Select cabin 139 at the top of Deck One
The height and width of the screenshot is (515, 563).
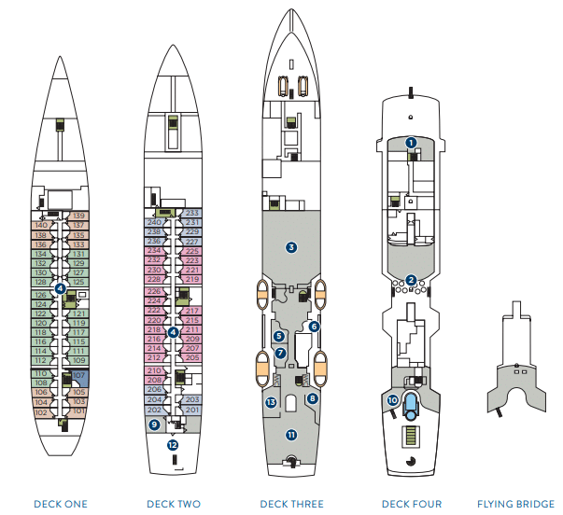pos(78,216)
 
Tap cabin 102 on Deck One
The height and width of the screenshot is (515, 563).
pos(41,411)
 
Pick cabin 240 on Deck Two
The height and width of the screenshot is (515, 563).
pos(155,222)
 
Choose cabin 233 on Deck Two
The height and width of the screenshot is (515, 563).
pos(192,213)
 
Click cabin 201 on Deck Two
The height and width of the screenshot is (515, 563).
pos(192,410)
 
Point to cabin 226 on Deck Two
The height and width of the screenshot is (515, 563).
pos(155,291)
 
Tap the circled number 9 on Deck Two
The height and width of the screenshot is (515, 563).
pos(154,425)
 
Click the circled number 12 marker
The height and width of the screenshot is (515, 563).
pos(173,445)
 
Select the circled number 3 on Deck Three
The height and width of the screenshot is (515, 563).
pos(291,247)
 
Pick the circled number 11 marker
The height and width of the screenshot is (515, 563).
pos(291,435)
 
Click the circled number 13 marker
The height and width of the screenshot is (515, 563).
pos(271,402)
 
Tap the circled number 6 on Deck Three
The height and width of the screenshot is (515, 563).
pos(314,327)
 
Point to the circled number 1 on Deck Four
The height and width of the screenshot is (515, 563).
pos(411,143)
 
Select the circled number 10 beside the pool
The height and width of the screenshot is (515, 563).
pos(392,400)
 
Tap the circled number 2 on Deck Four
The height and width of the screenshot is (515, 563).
pos(411,280)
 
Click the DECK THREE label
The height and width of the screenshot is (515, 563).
pos(291,505)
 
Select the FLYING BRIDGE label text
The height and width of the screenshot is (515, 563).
pos(515,505)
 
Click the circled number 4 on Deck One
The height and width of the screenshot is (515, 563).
pos(60,289)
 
